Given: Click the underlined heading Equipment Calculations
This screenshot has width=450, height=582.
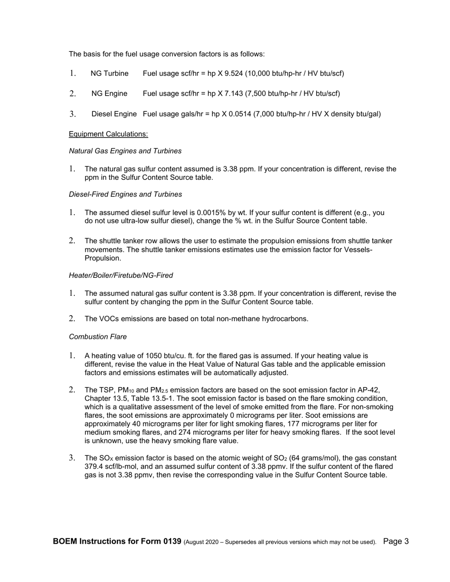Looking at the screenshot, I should [108, 134].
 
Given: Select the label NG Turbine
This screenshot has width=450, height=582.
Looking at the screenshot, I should [109, 73].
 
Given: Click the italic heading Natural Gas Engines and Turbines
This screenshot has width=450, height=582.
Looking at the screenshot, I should [125, 151].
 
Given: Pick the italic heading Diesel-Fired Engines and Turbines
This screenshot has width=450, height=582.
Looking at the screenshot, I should [125, 194].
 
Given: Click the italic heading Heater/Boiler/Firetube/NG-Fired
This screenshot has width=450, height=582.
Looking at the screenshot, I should [121, 275].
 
